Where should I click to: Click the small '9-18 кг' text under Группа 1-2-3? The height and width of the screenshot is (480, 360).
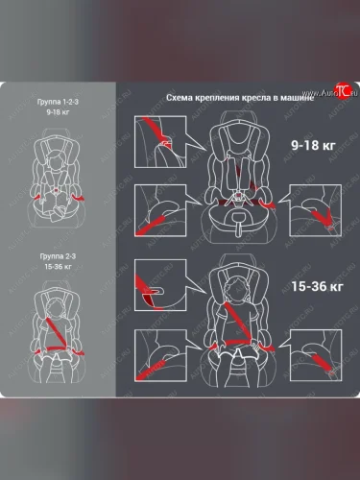pos(60,112)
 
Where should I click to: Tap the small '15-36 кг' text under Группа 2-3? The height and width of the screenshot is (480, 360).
pos(60,269)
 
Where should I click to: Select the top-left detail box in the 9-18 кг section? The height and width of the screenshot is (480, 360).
pos(159,139)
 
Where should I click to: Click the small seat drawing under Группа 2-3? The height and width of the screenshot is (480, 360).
pos(59,331)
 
